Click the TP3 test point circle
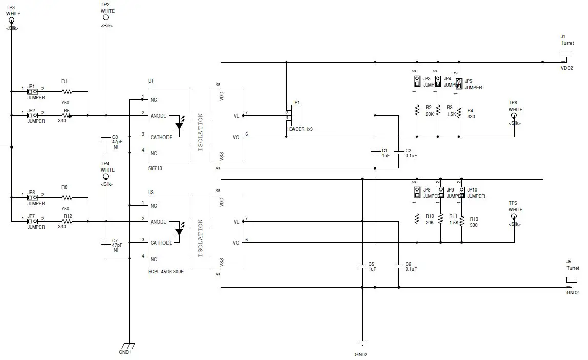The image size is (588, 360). pyautogui.click(x=11, y=20)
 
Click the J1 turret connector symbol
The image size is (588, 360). pyautogui.click(x=566, y=55)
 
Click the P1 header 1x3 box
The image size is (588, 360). pyautogui.click(x=296, y=115)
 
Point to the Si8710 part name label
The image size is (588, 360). pyautogui.click(x=156, y=168)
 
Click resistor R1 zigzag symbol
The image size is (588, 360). pyautogui.click(x=67, y=92)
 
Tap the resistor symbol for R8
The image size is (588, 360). pyautogui.click(x=67, y=198)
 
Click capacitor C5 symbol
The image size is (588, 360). pyautogui.click(x=362, y=266)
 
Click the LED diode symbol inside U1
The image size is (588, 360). pyautogui.click(x=179, y=125)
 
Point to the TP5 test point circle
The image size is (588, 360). pyautogui.click(x=514, y=217)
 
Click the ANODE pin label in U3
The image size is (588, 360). pyautogui.click(x=158, y=222)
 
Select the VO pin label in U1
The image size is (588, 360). pyautogui.click(x=236, y=137)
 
